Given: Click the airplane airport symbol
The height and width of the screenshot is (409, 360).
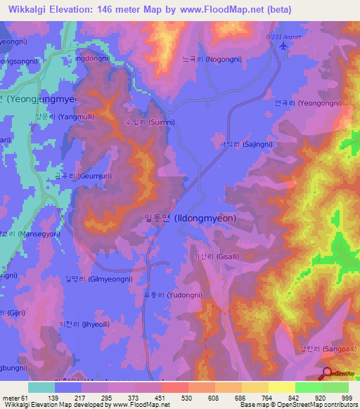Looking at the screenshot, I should click(283, 46).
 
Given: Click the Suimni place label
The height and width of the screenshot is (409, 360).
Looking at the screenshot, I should click(149, 122).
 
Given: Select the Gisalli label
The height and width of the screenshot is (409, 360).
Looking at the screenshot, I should click(217, 257).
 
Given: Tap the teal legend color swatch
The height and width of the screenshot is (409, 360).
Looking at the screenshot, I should click(41, 387).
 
